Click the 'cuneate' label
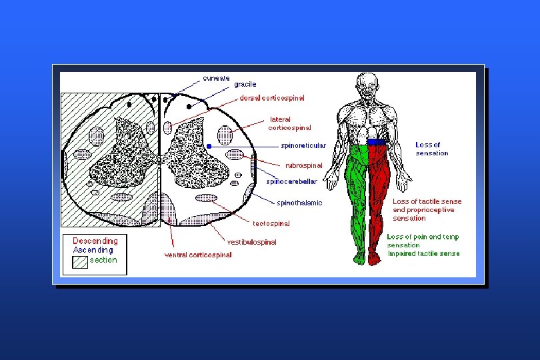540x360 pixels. (x=216, y=77)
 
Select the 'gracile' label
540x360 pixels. (x=245, y=85)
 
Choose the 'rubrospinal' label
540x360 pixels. (x=303, y=165)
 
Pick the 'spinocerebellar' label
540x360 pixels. (x=291, y=180)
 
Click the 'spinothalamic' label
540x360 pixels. (x=299, y=202)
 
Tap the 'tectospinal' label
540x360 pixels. (x=269, y=223)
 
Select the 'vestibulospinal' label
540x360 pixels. (x=252, y=242)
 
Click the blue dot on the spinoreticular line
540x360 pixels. (x=209, y=145)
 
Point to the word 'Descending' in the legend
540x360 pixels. (x=95, y=241)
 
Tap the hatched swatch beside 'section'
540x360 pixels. (x=80, y=261)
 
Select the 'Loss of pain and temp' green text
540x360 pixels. (x=423, y=237)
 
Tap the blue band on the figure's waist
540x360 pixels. (x=376, y=143)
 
